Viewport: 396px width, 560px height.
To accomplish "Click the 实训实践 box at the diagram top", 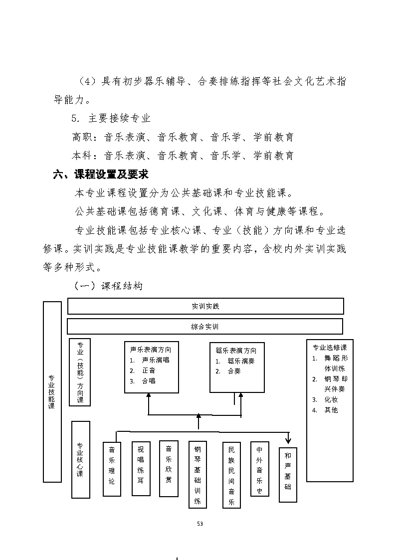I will (205, 306).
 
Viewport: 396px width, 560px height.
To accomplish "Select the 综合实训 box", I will (205, 327).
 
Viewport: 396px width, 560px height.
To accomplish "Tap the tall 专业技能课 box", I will (52, 391).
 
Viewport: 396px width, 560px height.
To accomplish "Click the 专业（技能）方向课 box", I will (80, 372).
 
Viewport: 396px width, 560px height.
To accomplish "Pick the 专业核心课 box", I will (80, 459).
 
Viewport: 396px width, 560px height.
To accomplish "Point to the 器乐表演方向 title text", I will (233, 350).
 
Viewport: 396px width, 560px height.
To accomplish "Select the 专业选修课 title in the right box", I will (329, 348).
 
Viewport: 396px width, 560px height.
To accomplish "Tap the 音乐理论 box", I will (112, 469).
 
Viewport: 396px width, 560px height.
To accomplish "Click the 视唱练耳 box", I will (141, 468).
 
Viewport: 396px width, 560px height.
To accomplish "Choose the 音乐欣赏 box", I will (169, 468).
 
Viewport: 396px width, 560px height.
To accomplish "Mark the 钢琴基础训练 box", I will (198, 474).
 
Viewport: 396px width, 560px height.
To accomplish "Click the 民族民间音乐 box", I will (231, 474).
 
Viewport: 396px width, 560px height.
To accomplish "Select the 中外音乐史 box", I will (259, 468).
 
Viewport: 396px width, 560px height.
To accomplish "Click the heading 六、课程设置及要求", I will (101, 175).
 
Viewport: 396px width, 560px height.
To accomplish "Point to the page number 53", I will (200, 524).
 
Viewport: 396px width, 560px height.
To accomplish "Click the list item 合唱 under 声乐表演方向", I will (149, 380).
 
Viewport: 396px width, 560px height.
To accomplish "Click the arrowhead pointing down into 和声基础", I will (288, 440).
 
